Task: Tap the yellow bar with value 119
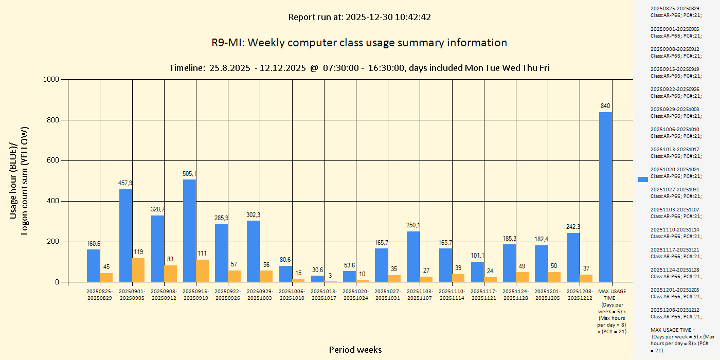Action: click(138, 270)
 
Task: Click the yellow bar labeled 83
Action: click(170, 274)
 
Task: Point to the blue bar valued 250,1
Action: click(413, 257)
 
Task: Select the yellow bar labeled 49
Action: click(522, 277)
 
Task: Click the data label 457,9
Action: click(125, 183)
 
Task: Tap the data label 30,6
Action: click(317, 270)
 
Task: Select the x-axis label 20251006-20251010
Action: click(292, 295)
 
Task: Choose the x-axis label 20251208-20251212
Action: click(580, 295)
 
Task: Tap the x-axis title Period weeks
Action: click(355, 350)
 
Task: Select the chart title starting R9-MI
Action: click(359, 43)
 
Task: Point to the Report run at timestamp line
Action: click(359, 17)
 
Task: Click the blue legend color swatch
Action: click(643, 179)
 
